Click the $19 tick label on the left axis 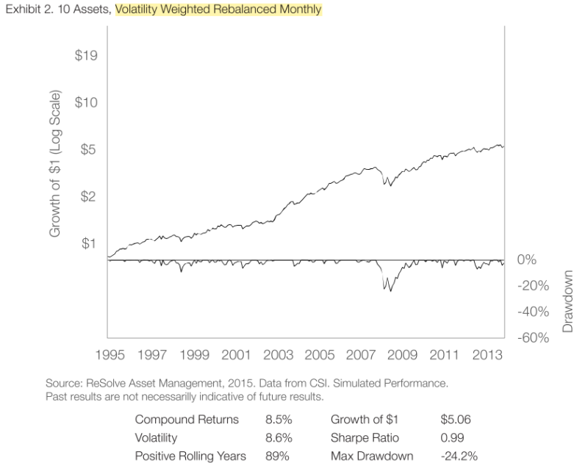87,56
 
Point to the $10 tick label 87,102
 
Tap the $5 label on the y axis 90,149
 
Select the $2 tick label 90,196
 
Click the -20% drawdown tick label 534,286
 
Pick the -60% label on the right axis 534,338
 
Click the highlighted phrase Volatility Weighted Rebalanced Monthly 218,11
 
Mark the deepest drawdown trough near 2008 390,291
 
